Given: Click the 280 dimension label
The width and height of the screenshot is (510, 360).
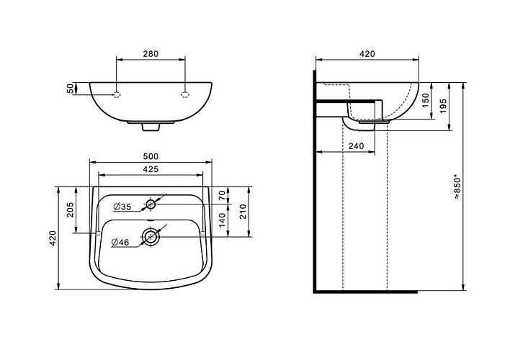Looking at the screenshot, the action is coord(151,54).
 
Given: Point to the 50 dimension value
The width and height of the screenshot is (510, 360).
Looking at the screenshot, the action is coord(71,89).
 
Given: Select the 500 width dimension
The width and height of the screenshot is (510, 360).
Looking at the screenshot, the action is coord(151,156).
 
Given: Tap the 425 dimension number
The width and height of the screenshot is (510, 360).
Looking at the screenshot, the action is coord(151,169).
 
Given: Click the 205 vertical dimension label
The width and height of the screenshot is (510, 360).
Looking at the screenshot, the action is coord(71,210).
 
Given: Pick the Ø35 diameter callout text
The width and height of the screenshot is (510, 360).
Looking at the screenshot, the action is coord(122,207).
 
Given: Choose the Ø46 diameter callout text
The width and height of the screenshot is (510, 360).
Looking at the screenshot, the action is coord(120,242).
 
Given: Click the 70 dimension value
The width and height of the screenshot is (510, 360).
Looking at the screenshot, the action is coord(222,195).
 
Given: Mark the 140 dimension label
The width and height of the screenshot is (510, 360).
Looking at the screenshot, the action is coord(222,220).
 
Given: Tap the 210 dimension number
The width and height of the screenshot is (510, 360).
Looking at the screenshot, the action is coord(243,212).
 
